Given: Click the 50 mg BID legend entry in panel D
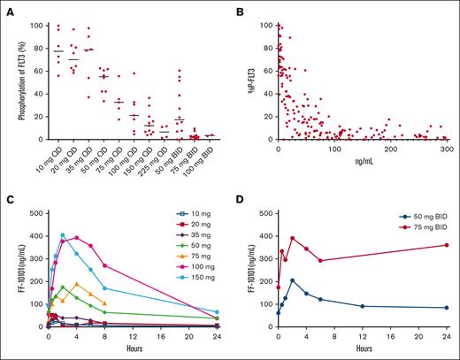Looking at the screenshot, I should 423,215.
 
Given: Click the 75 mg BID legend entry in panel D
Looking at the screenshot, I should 423,226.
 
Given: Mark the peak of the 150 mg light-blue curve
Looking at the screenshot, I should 63,235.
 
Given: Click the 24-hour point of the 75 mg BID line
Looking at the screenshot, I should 448,245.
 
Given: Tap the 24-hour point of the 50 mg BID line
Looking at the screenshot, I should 448,308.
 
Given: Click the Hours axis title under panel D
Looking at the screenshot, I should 363,350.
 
